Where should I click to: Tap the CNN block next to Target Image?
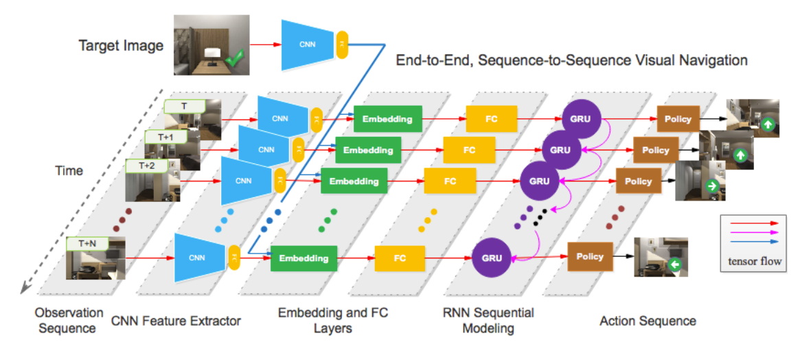[306, 45]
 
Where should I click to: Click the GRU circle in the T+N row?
[491, 258]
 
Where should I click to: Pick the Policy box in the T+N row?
[590, 256]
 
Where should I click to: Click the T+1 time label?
[165, 136]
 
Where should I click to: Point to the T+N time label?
[87, 243]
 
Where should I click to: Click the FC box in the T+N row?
[400, 258]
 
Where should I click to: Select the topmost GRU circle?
[581, 118]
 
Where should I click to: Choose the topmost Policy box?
[678, 119]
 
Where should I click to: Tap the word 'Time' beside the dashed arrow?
[69, 170]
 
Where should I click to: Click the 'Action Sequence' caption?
[648, 321]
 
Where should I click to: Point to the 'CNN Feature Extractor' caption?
[176, 320]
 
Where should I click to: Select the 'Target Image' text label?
[122, 46]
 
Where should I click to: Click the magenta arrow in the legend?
[753, 232]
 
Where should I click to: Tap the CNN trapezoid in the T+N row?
[198, 258]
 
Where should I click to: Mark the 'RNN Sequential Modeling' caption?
[488, 321]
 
